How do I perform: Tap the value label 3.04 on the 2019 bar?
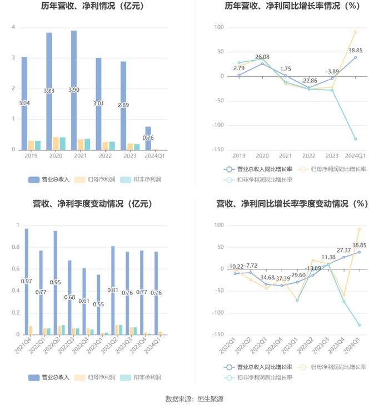tap(24, 104)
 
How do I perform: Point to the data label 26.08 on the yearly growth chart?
tap(262, 57)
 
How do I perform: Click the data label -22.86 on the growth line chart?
tap(309, 81)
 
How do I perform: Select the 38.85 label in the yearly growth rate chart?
tap(356, 50)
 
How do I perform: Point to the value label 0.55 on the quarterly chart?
tap(98, 304)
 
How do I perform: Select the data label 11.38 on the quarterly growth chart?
tap(328, 257)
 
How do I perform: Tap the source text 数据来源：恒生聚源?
tap(194, 399)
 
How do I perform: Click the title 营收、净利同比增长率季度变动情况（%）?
tap(292, 204)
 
